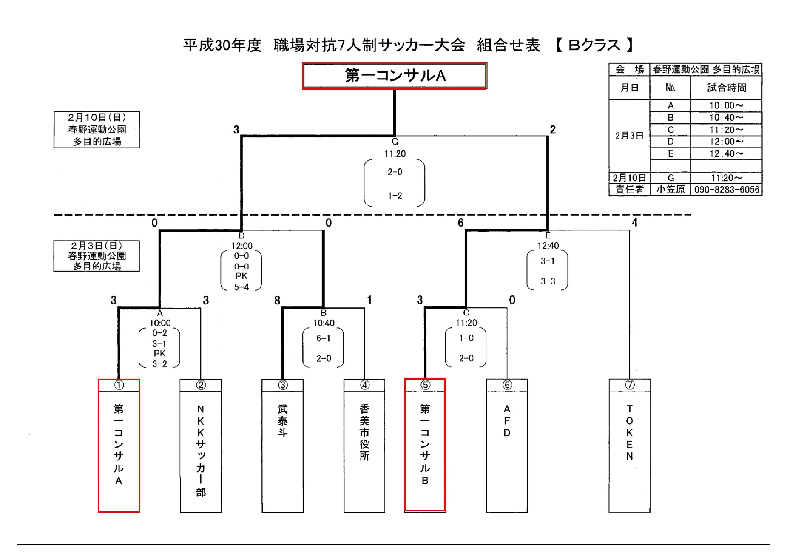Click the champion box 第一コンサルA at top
394,76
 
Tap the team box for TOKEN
629,446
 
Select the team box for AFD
507,446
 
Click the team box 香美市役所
364,446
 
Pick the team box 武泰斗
282,446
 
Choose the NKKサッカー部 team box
201,446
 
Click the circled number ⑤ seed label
425,385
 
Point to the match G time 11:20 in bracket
395,154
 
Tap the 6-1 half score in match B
323,338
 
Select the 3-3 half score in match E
548,281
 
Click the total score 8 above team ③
277,301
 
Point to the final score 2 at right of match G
553,130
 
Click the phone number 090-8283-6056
727,190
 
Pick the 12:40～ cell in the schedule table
726,153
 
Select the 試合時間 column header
727,88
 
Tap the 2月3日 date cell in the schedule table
629,136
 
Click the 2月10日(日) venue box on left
97,130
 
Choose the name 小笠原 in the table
671,190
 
